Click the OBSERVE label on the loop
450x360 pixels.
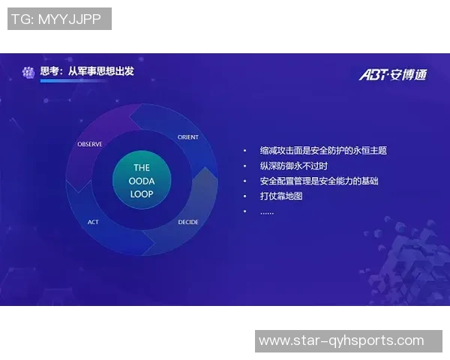(x=90, y=144)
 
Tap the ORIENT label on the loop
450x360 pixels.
(x=188, y=137)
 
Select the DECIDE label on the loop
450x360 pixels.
(x=188, y=222)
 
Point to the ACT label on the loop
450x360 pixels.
(x=93, y=222)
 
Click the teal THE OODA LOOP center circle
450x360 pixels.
(x=142, y=181)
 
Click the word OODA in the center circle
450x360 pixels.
(x=142, y=181)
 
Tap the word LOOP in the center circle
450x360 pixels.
(x=142, y=194)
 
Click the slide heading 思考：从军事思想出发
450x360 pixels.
(x=86, y=71)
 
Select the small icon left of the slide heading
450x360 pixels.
(x=28, y=72)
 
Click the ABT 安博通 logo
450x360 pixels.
(x=392, y=73)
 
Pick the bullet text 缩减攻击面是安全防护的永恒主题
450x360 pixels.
(x=323, y=151)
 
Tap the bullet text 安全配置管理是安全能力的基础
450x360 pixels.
(x=319, y=181)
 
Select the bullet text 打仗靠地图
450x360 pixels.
(x=280, y=196)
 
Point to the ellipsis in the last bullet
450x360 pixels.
(x=267, y=211)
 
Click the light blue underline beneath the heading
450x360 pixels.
(x=72, y=82)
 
